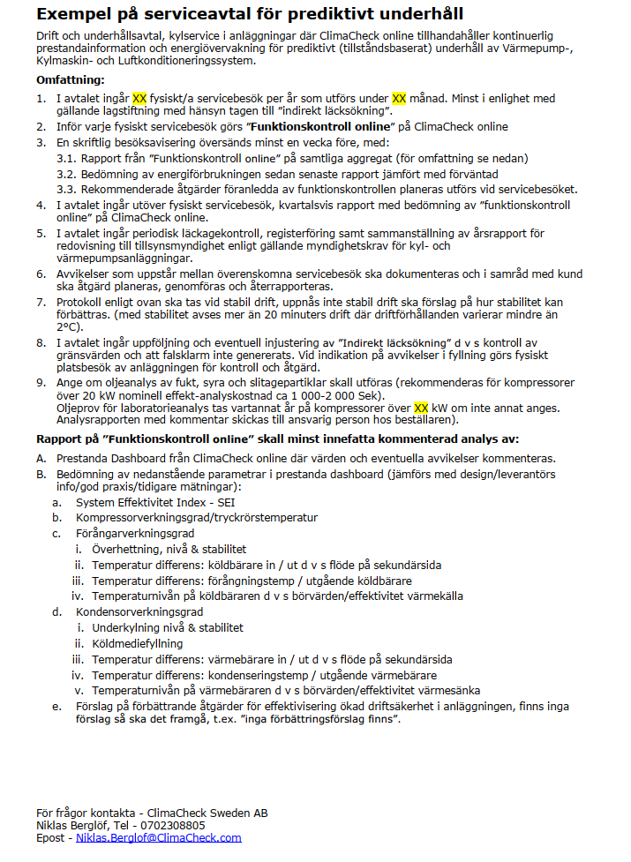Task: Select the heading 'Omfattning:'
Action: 70,79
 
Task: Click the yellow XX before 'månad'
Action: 399,99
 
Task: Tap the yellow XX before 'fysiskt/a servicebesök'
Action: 139,99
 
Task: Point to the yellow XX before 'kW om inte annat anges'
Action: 421,409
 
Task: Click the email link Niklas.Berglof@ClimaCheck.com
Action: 158,838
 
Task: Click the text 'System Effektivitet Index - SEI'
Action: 149,502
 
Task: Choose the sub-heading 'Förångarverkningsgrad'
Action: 135,533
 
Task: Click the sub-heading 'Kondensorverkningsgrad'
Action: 139,611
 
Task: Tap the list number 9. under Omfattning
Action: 41,383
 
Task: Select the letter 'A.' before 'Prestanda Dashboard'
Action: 41,459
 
